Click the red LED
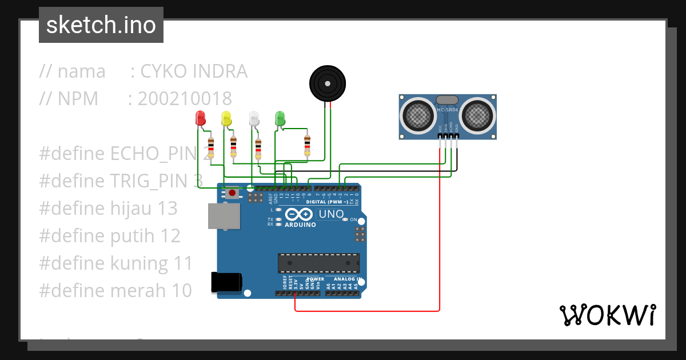click(x=200, y=118)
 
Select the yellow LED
click(x=226, y=118)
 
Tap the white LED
click(x=254, y=118)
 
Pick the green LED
click(x=280, y=118)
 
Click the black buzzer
click(x=328, y=83)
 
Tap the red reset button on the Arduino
click(x=232, y=193)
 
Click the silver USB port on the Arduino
click(x=224, y=217)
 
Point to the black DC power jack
click(x=226, y=282)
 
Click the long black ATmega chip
click(x=318, y=263)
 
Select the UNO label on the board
click(x=330, y=214)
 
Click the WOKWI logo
click(x=607, y=315)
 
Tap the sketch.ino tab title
click(x=101, y=25)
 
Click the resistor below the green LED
click(x=307, y=145)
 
